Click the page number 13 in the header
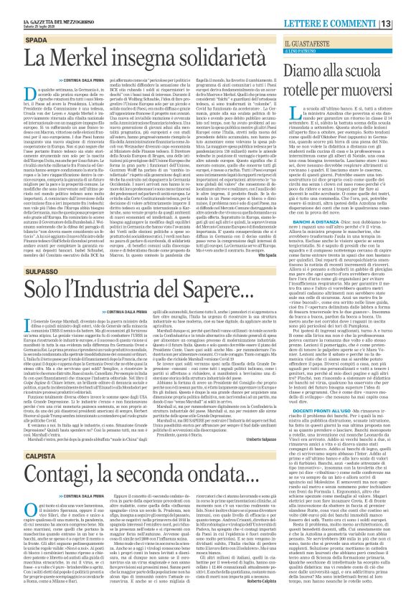tap(407, 6)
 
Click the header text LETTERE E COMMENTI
tap(357, 6)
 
